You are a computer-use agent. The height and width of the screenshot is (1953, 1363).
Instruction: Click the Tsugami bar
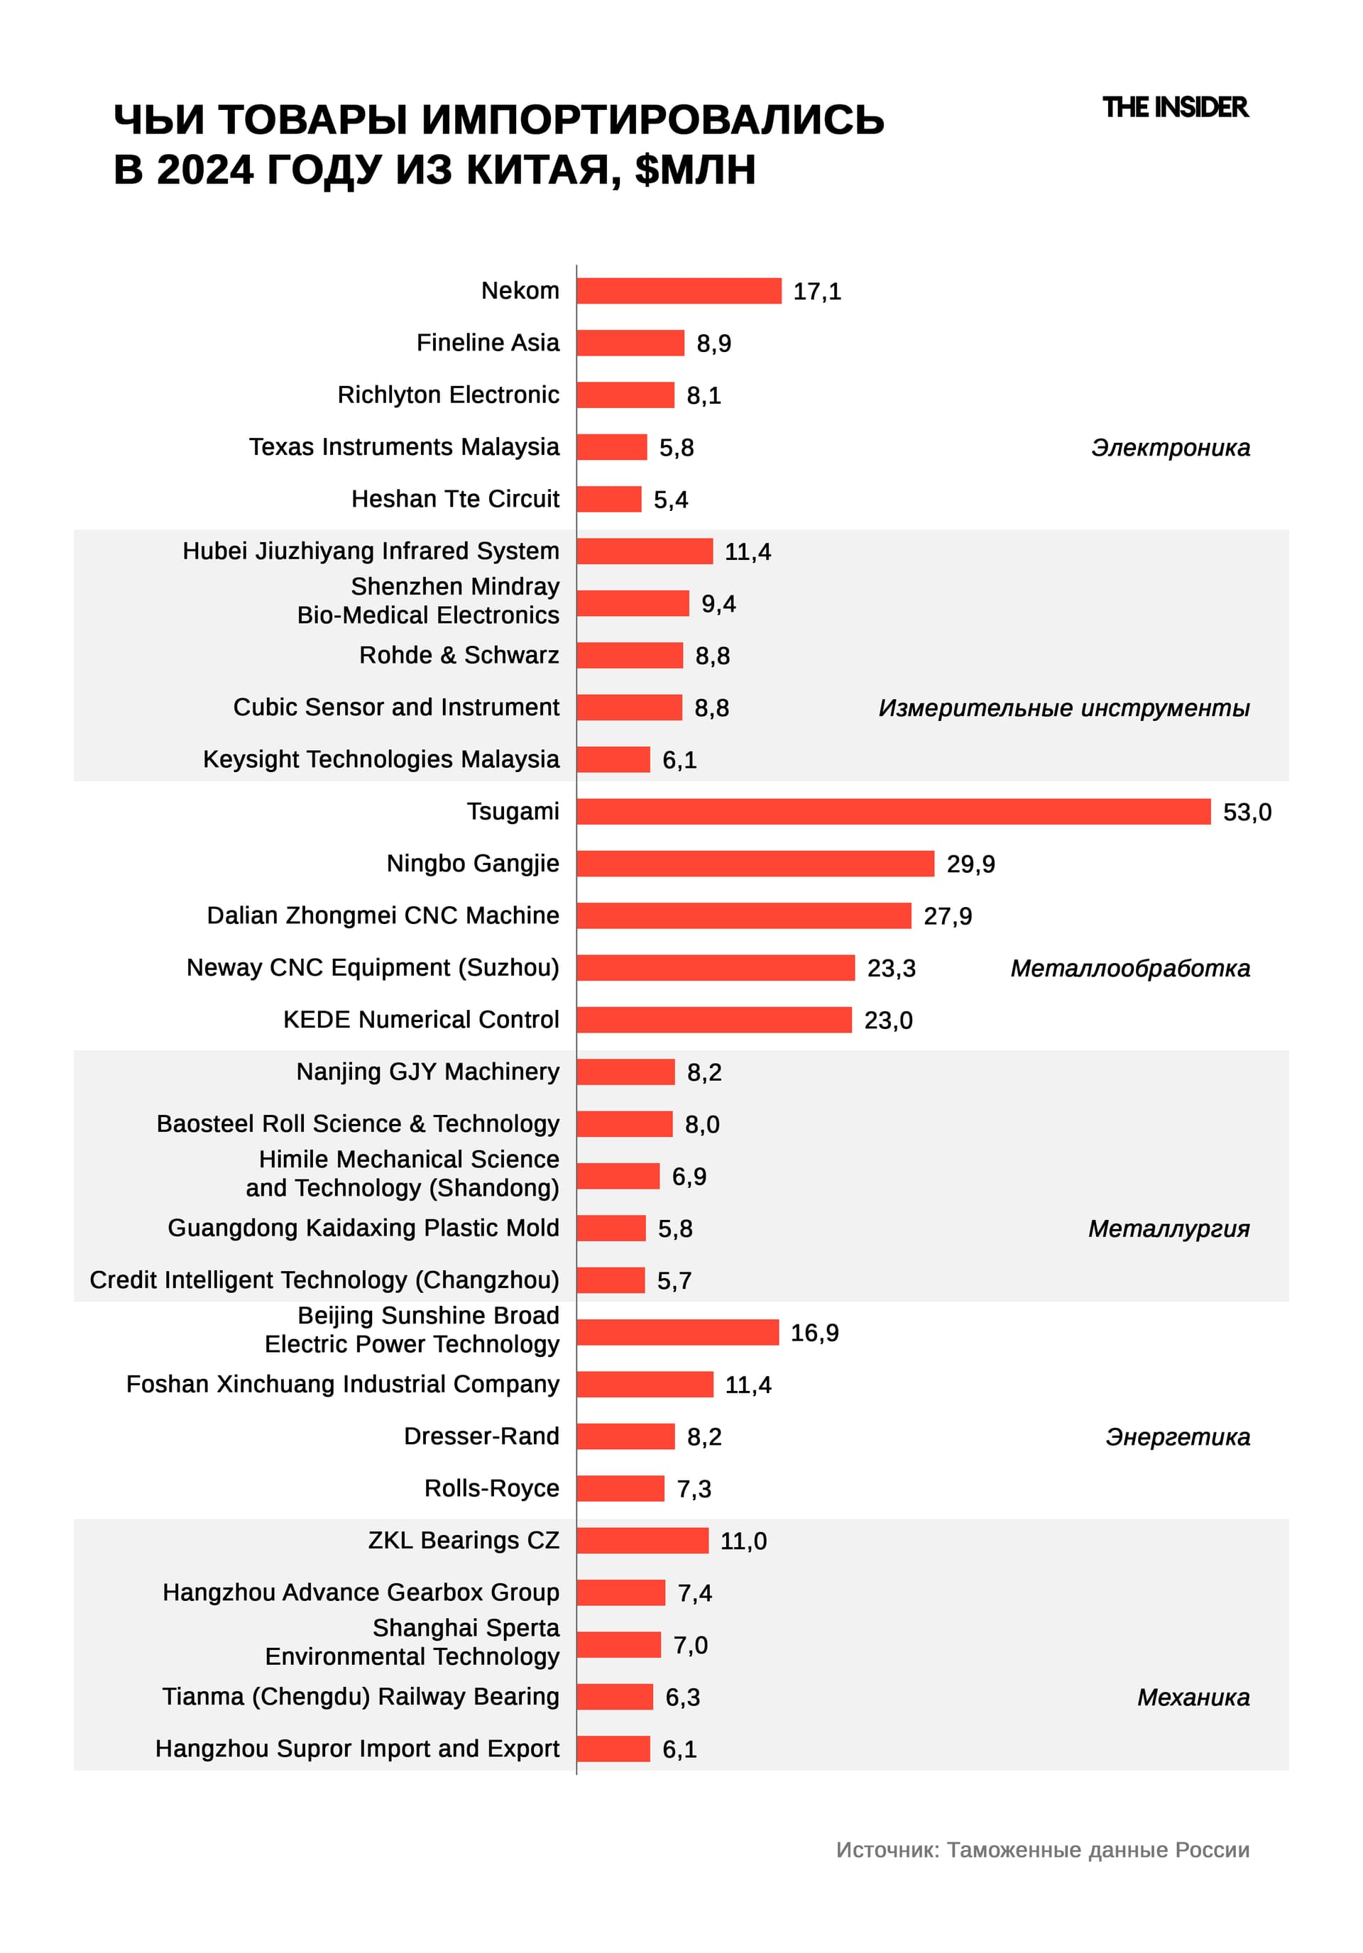[892, 811]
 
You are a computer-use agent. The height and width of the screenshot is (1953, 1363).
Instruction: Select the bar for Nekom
[678, 291]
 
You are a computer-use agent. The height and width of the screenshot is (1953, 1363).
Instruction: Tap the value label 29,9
[970, 864]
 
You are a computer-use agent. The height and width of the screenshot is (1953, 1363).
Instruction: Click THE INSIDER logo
[1174, 107]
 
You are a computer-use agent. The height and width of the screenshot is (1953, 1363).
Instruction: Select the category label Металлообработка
[1129, 968]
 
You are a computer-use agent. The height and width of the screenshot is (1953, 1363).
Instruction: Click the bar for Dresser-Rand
[625, 1436]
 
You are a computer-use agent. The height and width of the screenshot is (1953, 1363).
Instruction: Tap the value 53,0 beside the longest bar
[1247, 813]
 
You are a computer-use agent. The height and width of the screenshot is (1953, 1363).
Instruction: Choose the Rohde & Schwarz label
[459, 655]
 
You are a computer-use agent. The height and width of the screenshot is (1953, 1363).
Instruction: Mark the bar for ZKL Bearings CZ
[642, 1541]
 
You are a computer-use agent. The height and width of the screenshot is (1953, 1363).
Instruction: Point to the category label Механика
[1193, 1697]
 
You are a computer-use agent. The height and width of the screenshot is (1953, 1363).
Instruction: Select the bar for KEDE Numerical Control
[714, 1020]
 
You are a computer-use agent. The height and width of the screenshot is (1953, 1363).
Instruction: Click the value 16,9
[814, 1333]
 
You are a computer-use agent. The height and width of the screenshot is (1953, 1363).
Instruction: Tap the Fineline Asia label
[488, 343]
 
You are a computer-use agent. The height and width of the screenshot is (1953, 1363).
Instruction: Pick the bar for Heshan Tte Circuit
[608, 500]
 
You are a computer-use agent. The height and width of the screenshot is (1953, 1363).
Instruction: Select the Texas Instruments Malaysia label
[404, 446]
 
